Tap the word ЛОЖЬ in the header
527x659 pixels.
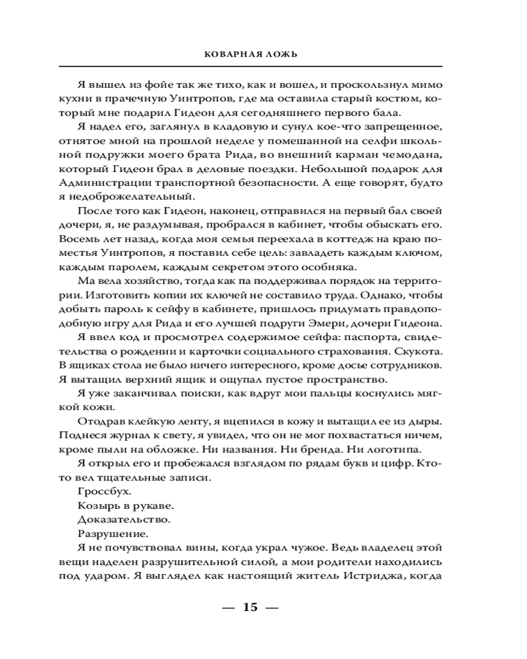281,54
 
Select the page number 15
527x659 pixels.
250,607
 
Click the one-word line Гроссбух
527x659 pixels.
99,492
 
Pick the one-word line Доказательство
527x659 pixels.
115,520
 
